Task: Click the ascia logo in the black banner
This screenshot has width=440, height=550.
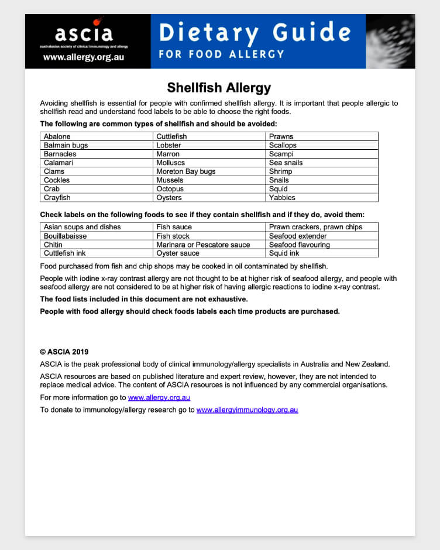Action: coord(83,32)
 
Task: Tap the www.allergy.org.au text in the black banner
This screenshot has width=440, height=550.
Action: coord(83,58)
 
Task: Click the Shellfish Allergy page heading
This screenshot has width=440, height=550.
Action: coord(219,88)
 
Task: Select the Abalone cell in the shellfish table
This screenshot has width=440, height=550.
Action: coord(57,136)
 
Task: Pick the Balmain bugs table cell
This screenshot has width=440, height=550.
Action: coord(66,145)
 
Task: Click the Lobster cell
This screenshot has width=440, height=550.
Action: coord(169,145)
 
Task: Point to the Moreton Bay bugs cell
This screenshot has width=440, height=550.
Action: coord(185,171)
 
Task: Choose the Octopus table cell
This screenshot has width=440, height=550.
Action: coord(170,189)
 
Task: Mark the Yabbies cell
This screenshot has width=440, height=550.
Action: coord(282,198)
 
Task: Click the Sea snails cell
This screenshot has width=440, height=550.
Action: coord(286,163)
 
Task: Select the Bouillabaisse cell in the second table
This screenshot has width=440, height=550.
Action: coord(65,236)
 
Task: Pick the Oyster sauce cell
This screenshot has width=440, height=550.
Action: coord(177,253)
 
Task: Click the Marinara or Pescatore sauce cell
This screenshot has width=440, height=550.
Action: coord(203,245)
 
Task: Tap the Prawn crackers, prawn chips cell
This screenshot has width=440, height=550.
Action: coord(315,227)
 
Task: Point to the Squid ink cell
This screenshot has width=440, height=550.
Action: coord(284,253)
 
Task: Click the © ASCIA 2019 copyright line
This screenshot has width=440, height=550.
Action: coord(64,352)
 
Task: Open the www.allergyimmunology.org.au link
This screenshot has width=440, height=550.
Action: coord(247,410)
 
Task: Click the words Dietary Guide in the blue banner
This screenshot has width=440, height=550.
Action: coord(255,33)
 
